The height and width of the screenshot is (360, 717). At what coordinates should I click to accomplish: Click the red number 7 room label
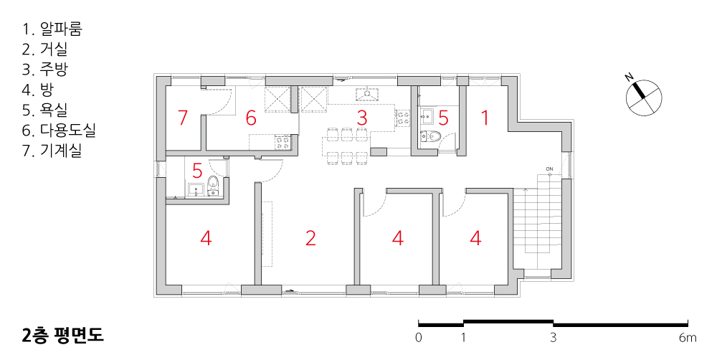point(183,118)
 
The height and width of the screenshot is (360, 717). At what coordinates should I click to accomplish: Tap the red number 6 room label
point(250,118)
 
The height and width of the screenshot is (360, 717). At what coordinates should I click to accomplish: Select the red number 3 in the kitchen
point(361,118)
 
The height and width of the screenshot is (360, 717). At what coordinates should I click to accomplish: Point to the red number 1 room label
point(485,118)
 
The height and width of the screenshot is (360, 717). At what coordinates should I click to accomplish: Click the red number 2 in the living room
point(310,238)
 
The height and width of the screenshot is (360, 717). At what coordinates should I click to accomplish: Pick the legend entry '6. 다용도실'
point(59,131)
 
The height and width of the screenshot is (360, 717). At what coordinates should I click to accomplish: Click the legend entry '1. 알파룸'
point(52,29)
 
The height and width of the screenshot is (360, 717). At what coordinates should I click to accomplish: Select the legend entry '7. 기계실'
point(52,151)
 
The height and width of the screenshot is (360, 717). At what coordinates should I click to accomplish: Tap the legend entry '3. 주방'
point(44,70)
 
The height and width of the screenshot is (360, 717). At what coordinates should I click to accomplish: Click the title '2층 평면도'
point(62,335)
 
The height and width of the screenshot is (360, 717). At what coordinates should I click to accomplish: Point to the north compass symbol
point(645,98)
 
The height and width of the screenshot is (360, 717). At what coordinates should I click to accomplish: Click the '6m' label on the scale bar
point(688,338)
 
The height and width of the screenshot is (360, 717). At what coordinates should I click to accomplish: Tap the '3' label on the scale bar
point(554,338)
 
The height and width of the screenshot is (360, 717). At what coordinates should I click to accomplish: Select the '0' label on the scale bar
point(419,338)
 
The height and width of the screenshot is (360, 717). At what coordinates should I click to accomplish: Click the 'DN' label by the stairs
point(549,169)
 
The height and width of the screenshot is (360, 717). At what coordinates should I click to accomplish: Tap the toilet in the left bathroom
point(213,184)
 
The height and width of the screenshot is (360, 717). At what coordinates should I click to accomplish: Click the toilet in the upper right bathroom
point(431,136)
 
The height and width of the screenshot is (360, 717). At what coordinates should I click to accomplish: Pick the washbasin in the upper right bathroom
point(428,114)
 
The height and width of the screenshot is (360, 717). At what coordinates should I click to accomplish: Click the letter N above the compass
point(630,77)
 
